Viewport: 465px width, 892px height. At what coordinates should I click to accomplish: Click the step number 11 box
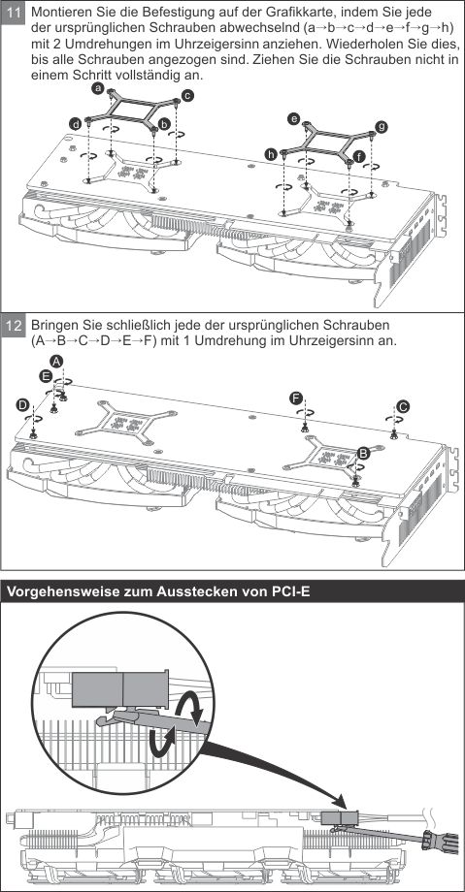pyautogui.click(x=14, y=14)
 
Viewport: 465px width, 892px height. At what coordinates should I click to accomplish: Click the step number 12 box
pyautogui.click(x=14, y=327)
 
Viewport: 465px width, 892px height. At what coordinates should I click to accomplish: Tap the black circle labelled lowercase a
pyautogui.click(x=98, y=88)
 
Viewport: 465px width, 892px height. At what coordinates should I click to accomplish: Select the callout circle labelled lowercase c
pyautogui.click(x=188, y=95)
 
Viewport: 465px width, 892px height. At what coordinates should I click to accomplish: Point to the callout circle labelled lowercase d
pyautogui.click(x=75, y=123)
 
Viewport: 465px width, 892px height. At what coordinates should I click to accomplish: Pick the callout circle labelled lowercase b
pyautogui.click(x=164, y=123)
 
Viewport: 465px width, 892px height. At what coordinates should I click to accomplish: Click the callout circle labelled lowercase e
pyautogui.click(x=293, y=119)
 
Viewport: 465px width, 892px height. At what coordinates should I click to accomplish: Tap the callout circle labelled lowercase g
pyautogui.click(x=382, y=126)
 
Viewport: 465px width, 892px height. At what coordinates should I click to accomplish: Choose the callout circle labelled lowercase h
pyautogui.click(x=271, y=154)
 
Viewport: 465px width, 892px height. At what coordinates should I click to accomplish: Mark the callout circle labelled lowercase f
pyautogui.click(x=358, y=155)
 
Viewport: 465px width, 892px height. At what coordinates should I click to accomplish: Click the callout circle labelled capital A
pyautogui.click(x=56, y=361)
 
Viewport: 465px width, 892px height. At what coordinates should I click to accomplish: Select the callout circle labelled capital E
pyautogui.click(x=46, y=375)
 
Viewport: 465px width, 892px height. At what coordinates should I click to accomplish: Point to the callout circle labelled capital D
pyautogui.click(x=22, y=404)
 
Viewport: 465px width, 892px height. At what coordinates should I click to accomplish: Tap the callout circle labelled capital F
pyautogui.click(x=295, y=398)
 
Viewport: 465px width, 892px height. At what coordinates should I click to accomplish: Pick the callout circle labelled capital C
pyautogui.click(x=403, y=406)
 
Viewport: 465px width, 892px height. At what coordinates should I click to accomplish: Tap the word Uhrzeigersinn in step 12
pyautogui.click(x=326, y=340)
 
